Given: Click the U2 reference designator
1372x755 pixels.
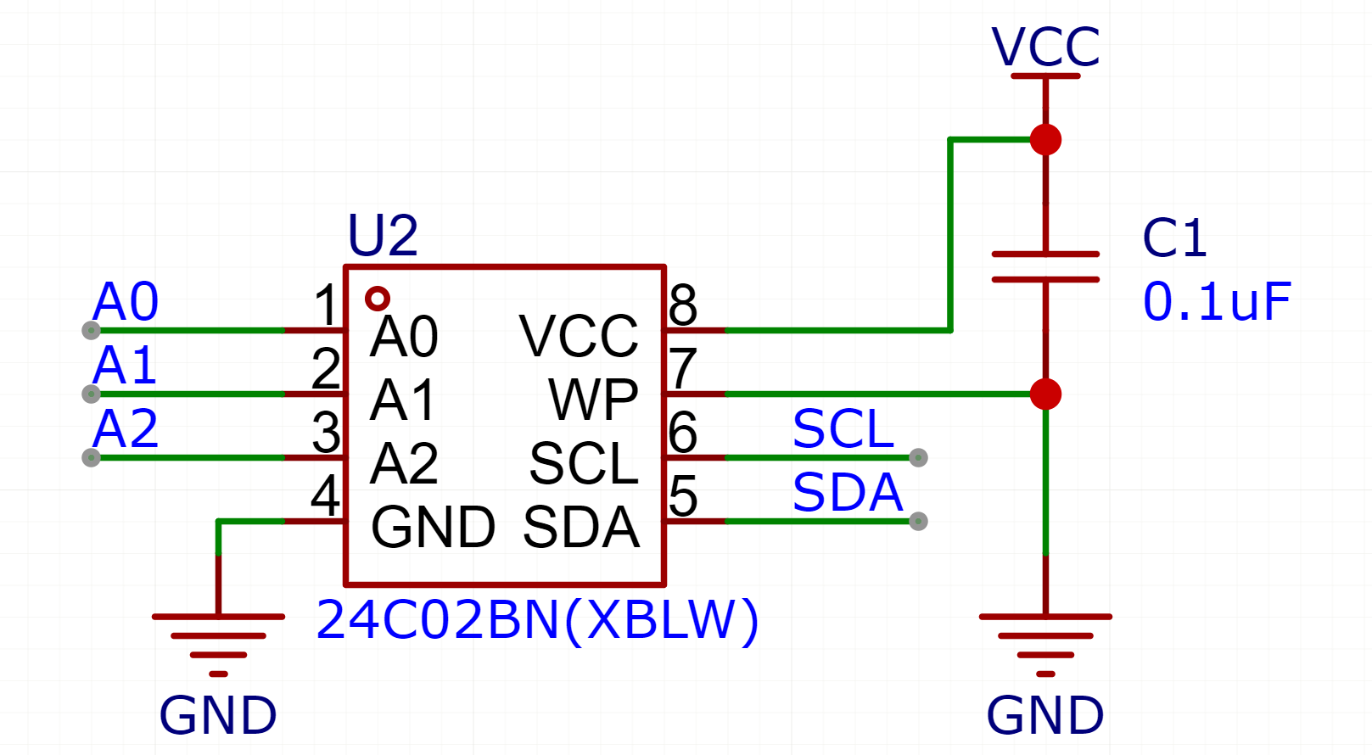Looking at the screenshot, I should click(x=383, y=235).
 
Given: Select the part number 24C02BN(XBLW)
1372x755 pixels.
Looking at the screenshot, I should click(x=537, y=620).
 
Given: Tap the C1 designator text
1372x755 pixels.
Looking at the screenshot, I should click(x=1174, y=238).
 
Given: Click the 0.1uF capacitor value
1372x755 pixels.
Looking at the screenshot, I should click(x=1216, y=302).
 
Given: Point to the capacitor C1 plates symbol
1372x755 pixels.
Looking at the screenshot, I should click(x=1045, y=266).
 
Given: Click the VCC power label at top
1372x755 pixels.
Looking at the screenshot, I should click(x=1045, y=47).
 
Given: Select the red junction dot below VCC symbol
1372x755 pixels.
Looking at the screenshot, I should click(x=1045, y=139).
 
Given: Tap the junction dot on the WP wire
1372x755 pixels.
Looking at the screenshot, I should click(x=1045, y=394).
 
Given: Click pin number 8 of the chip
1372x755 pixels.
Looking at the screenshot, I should click(x=683, y=305).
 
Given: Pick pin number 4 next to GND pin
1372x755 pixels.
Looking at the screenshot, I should click(x=326, y=495).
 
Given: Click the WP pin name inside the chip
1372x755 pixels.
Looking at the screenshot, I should click(x=593, y=400).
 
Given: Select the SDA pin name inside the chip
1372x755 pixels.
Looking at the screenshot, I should click(x=581, y=528).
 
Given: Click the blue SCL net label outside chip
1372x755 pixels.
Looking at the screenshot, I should click(x=843, y=428).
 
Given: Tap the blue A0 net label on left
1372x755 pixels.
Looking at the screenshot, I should click(x=126, y=301).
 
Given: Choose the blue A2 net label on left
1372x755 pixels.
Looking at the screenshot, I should click(x=126, y=428).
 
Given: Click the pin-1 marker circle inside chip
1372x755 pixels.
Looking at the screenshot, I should click(x=377, y=299).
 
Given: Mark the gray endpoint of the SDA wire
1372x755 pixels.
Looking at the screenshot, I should click(x=918, y=521).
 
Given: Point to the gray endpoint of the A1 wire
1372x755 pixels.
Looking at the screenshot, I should click(x=91, y=394).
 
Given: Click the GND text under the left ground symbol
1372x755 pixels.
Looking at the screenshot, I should click(x=218, y=715).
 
